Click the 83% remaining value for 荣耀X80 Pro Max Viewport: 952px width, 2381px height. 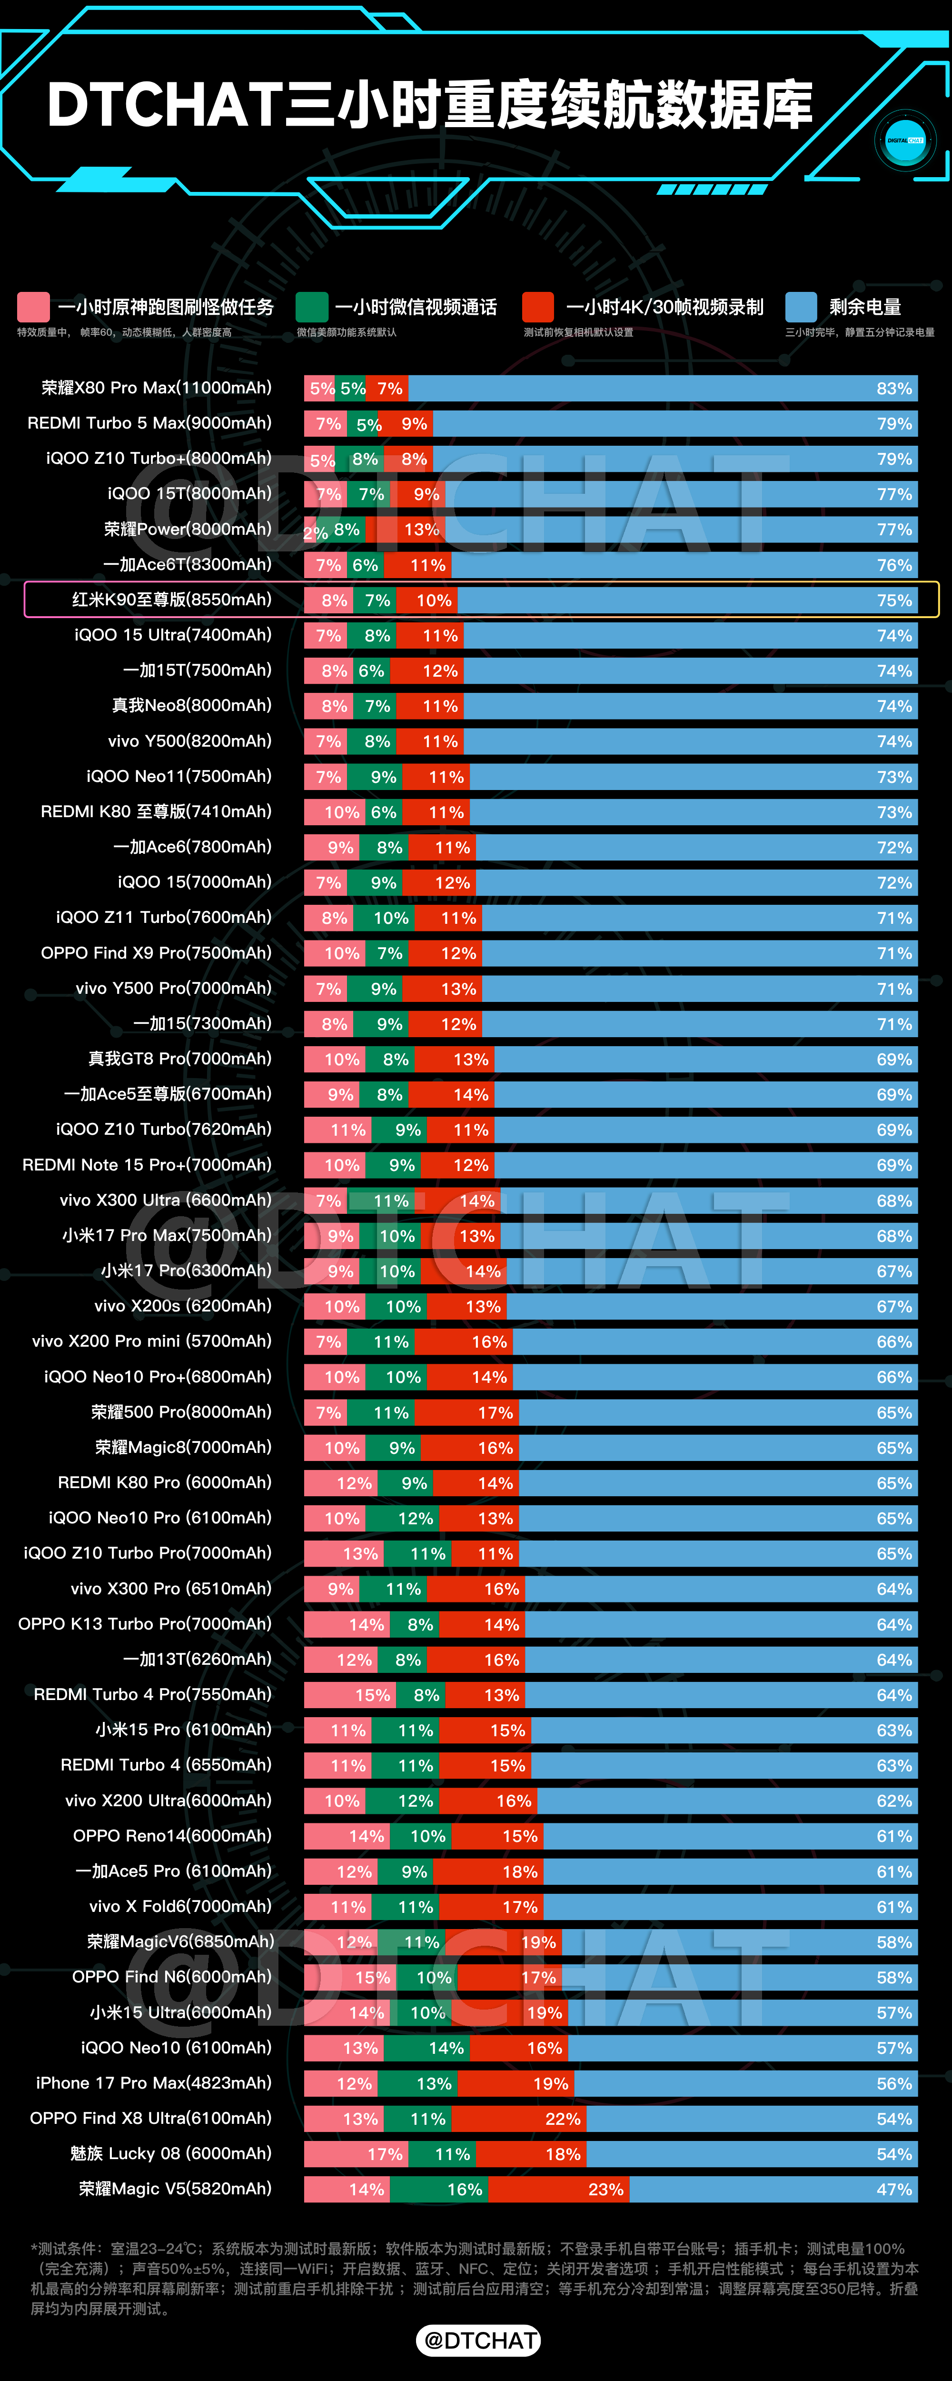(x=894, y=388)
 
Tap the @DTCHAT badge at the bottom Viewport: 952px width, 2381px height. (x=479, y=2340)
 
